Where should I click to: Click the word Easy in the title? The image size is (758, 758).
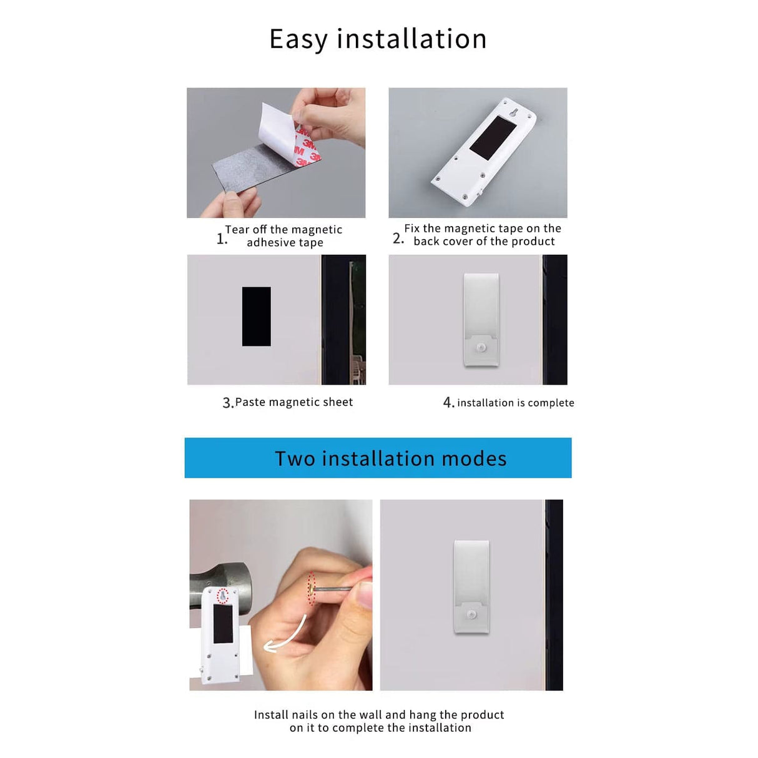coord(298,39)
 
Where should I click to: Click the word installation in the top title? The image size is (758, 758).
coord(411,39)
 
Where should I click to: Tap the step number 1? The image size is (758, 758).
coord(220,239)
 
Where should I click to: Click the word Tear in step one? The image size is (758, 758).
coord(237,230)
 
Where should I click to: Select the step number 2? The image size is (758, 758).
coord(398,239)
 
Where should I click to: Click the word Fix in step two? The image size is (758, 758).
coord(411,229)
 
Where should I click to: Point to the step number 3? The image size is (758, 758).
coord(227,403)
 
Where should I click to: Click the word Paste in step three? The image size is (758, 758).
coord(250,403)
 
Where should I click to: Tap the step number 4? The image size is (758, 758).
coord(448,403)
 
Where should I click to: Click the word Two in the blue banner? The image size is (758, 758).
coord(295,459)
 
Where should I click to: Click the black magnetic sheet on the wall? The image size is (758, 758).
coord(256,317)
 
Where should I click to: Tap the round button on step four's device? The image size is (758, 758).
coord(481,348)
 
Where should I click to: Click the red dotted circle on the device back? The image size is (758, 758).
coord(222,596)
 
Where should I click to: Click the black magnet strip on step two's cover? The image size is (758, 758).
coord(493,137)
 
